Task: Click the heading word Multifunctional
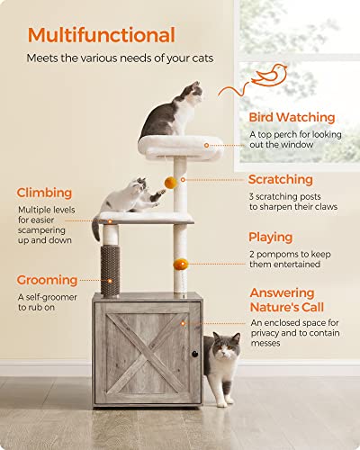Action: tap(101, 36)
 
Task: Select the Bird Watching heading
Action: tap(292, 118)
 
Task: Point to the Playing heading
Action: tap(270, 238)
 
